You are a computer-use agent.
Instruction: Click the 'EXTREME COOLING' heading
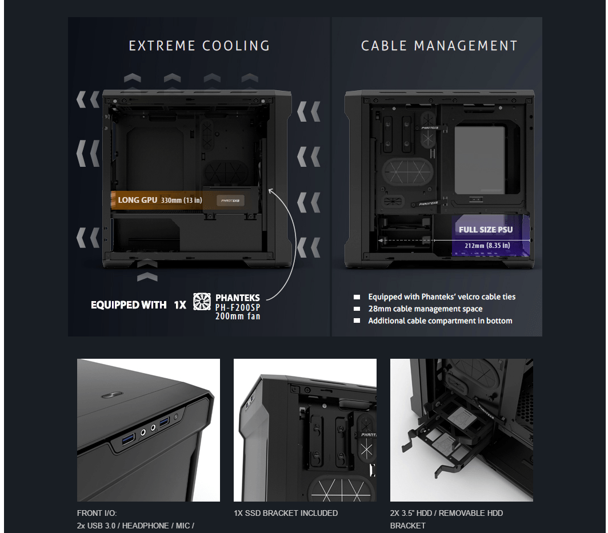(199, 46)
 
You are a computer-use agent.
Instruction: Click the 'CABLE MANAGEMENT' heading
(439, 46)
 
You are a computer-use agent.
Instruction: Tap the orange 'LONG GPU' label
(138, 200)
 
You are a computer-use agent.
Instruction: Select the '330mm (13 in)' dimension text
(182, 201)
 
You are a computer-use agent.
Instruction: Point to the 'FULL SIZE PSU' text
(486, 230)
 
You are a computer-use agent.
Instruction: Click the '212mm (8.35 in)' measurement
(487, 246)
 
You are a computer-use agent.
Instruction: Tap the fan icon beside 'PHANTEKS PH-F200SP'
(202, 302)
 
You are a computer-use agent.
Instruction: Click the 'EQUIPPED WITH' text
(129, 305)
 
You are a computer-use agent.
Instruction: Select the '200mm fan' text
(238, 316)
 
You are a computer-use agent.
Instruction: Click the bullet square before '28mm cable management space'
(357, 309)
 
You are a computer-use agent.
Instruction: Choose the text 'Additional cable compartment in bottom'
(440, 321)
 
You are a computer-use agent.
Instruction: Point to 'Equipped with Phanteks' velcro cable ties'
(442, 297)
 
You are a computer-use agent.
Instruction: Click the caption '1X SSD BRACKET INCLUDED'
(286, 513)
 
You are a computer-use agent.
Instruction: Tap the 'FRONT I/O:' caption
(97, 513)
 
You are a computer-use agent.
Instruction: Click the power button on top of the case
(112, 395)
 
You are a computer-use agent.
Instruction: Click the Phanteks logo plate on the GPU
(230, 201)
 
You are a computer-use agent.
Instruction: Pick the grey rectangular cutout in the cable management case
(479, 160)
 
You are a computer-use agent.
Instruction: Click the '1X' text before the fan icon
(180, 305)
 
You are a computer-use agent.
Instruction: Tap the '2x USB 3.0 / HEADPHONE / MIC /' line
(135, 526)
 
